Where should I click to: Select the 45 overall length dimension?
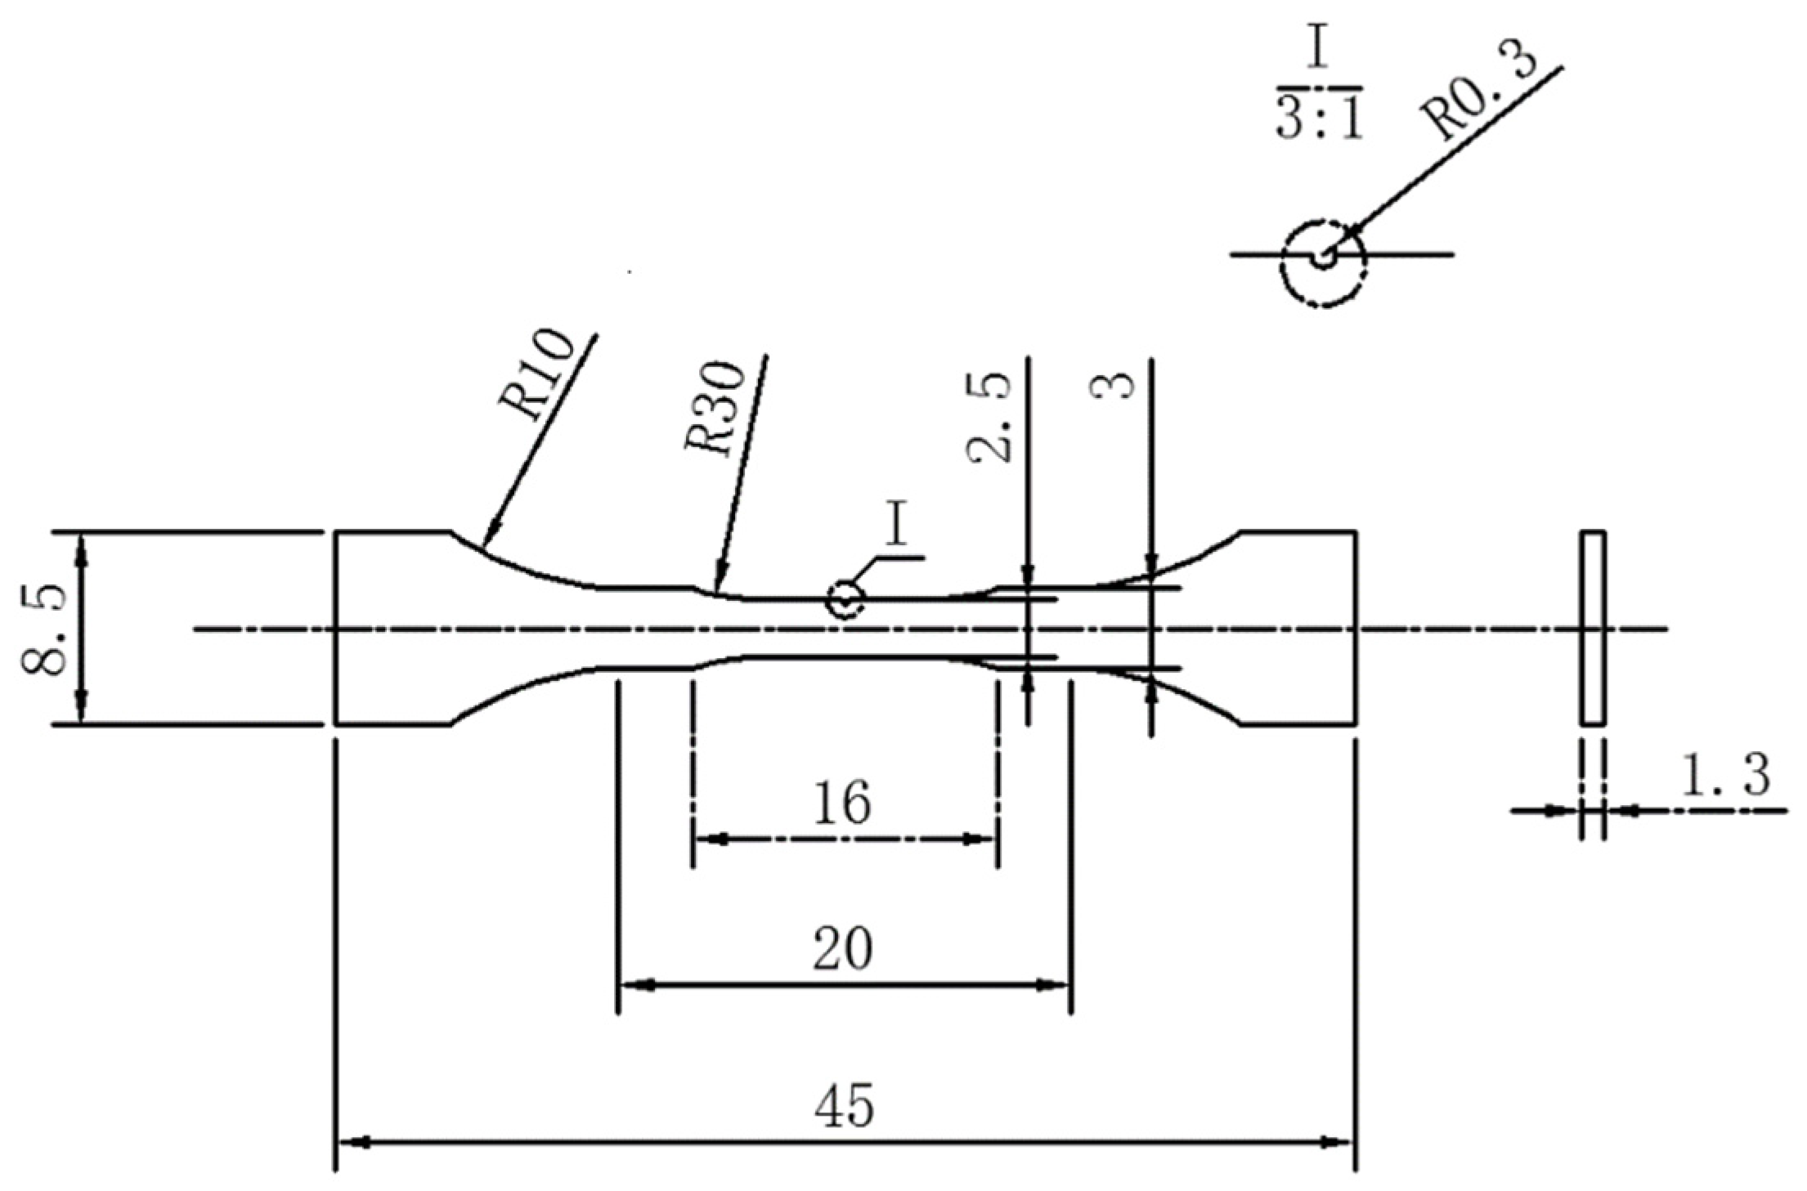click(844, 1107)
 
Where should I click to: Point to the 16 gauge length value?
click(842, 803)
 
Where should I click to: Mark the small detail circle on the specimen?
click(845, 599)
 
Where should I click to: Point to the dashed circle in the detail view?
click(1323, 263)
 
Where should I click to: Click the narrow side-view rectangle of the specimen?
click(1592, 628)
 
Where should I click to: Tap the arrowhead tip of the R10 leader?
click(485, 544)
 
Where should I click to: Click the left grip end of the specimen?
click(391, 628)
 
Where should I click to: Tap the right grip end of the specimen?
click(1300, 628)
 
